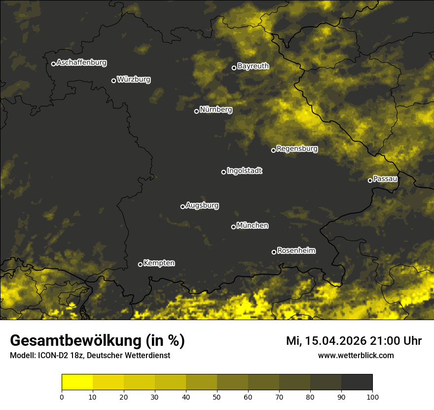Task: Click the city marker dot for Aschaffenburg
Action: tap(53, 64)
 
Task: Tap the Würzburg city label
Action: tap(134, 80)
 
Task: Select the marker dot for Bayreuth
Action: tap(234, 68)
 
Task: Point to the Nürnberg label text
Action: tap(216, 110)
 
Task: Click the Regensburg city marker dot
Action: tap(274, 150)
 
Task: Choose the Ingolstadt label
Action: tap(245, 171)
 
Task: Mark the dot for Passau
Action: tap(370, 180)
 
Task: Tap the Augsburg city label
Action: tap(202, 205)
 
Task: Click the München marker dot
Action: tap(234, 227)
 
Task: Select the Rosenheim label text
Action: tap(296, 251)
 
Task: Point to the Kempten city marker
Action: tap(140, 264)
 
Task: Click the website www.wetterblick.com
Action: tap(356, 356)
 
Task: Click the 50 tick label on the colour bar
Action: tap(217, 397)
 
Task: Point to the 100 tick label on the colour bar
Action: tap(372, 397)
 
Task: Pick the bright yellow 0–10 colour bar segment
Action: tap(77, 382)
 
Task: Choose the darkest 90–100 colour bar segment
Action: tap(357, 382)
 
